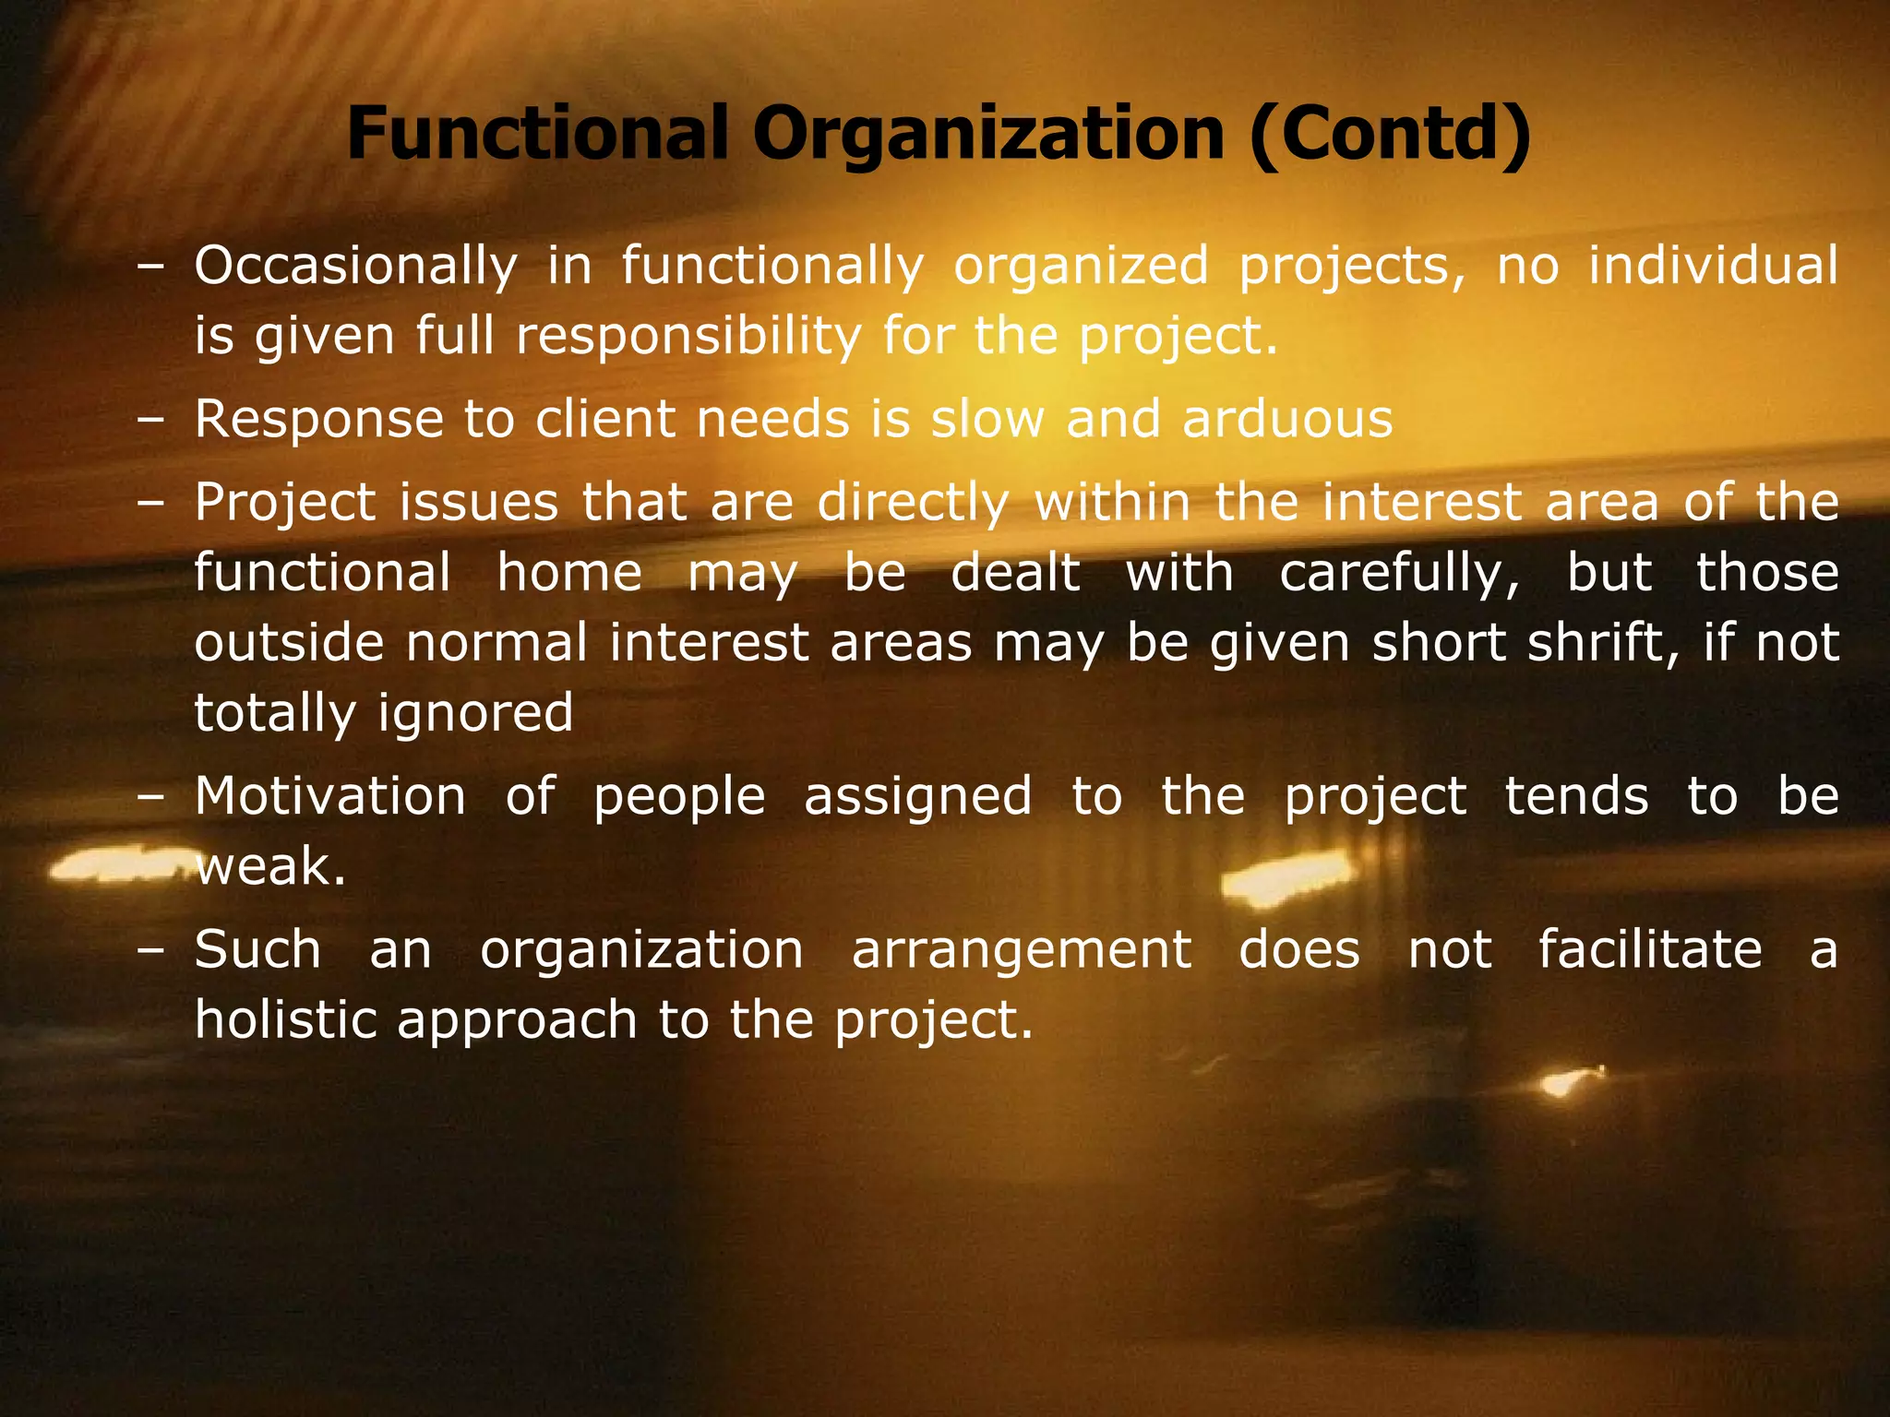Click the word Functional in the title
(x=538, y=134)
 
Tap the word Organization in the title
(x=988, y=134)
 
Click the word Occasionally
(x=356, y=267)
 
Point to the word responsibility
(x=688, y=336)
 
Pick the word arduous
(x=1287, y=420)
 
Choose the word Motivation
(x=330, y=796)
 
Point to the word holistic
(x=285, y=1020)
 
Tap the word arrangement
(x=1022, y=950)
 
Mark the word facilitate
(x=1650, y=950)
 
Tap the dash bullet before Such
(x=150, y=950)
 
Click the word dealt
(x=1015, y=572)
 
